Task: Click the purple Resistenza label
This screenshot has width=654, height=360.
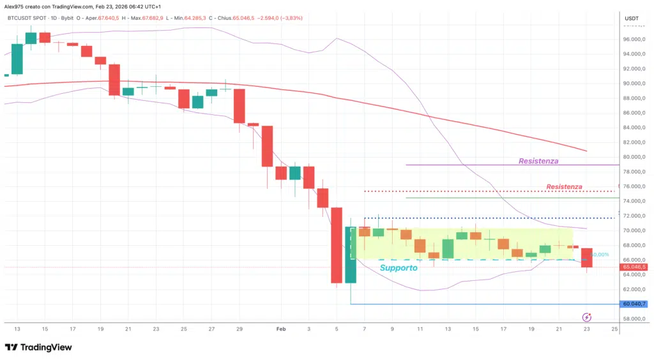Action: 538,161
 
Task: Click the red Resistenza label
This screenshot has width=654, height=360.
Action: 564,186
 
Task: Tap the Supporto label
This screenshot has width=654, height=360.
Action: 399,268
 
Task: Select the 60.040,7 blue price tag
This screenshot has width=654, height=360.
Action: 634,304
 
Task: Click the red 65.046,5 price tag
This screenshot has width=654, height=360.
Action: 634,267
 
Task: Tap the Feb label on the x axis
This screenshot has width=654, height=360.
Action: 280,329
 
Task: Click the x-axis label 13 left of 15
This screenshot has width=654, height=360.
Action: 17,329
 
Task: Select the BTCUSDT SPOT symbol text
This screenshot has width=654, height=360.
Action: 23,19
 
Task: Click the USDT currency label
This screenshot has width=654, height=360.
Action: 631,18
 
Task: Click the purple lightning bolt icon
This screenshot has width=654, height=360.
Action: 587,317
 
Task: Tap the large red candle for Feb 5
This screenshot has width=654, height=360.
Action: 337,245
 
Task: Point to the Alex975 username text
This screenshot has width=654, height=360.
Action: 14,5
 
